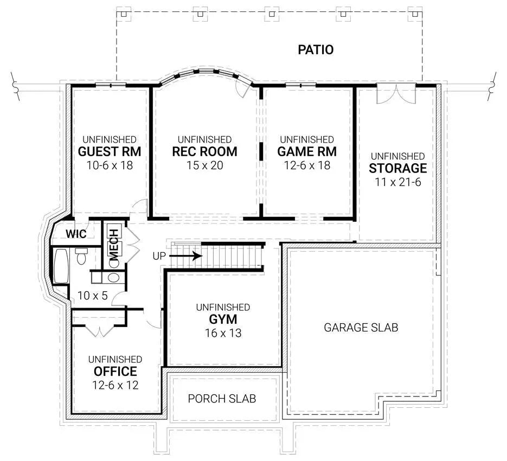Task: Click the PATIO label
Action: [316, 50]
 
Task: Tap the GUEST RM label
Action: [107, 151]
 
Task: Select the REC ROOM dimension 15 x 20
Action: [204, 165]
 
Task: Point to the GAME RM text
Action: [306, 151]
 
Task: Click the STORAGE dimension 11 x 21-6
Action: [397, 182]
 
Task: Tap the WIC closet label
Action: [76, 234]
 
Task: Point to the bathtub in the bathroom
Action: [60, 266]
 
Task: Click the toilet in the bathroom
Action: [81, 256]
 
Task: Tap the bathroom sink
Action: [114, 278]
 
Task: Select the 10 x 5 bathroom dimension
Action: [92, 296]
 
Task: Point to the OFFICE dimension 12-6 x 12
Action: [115, 385]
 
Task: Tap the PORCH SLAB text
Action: [222, 399]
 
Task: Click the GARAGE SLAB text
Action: [361, 328]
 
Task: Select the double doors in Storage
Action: [396, 94]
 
